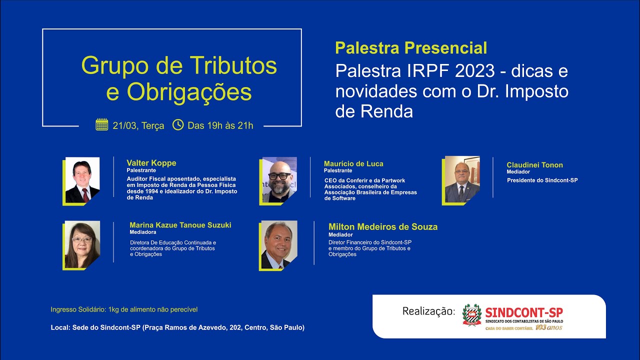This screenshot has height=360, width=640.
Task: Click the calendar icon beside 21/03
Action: [102, 125]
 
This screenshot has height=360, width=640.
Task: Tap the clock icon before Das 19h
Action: [178, 125]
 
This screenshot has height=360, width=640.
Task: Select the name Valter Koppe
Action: [151, 163]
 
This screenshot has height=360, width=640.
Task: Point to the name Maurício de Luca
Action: [353, 164]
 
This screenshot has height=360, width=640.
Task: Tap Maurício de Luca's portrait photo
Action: [279, 180]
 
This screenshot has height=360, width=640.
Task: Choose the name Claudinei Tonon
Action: [534, 165]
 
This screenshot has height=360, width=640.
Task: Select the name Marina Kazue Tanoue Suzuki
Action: [180, 225]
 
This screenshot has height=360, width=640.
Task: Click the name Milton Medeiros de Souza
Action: [383, 227]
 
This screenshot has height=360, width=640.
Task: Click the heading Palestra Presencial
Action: [411, 48]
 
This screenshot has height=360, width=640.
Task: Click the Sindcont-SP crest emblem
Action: [471, 315]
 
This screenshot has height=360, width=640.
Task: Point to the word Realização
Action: [429, 311]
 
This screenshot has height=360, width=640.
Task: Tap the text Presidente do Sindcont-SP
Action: [542, 180]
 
